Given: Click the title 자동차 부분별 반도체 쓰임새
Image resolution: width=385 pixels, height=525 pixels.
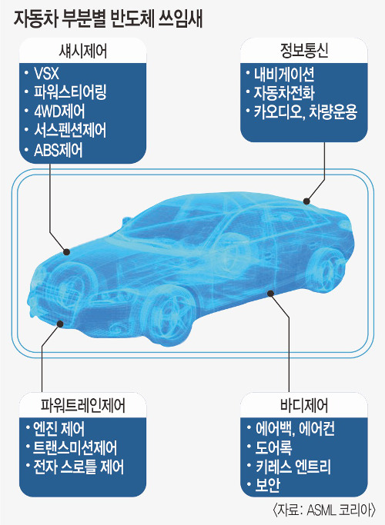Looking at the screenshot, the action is click(x=108, y=18).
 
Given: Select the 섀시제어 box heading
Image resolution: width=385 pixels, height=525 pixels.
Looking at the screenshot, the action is click(x=82, y=52).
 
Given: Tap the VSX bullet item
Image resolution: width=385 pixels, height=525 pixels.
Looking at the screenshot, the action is click(x=47, y=73).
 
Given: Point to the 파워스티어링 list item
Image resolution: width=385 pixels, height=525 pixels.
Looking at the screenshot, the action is click(x=70, y=92).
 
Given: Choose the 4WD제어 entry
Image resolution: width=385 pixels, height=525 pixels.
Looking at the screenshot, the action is click(x=59, y=111).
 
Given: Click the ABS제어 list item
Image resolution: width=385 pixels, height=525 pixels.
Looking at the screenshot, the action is click(x=58, y=151).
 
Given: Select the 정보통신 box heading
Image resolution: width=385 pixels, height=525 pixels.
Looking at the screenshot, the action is click(x=304, y=51).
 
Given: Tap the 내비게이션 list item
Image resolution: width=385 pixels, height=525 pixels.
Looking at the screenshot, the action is click(x=283, y=75).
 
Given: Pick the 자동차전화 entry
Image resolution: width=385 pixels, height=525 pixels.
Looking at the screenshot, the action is click(x=283, y=93).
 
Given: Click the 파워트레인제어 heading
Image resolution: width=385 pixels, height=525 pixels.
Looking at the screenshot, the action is click(x=82, y=405).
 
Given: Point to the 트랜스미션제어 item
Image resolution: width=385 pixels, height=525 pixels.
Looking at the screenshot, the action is click(x=75, y=447).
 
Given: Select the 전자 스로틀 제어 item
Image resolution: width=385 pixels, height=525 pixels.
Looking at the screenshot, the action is click(x=79, y=467).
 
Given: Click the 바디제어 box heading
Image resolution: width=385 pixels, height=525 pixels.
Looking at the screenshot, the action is click(x=304, y=405).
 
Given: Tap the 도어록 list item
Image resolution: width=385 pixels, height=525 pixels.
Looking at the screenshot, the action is click(x=273, y=447).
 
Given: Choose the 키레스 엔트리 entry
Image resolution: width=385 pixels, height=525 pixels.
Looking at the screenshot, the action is click(x=293, y=467).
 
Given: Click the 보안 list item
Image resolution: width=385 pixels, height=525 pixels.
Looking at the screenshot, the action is click(x=267, y=485).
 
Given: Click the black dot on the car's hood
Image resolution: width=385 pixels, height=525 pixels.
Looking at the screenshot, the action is click(x=66, y=252).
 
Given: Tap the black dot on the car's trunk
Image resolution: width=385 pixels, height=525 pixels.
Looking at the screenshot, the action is click(x=306, y=201).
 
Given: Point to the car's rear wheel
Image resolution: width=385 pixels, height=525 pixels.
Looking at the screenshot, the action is click(x=326, y=270).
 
